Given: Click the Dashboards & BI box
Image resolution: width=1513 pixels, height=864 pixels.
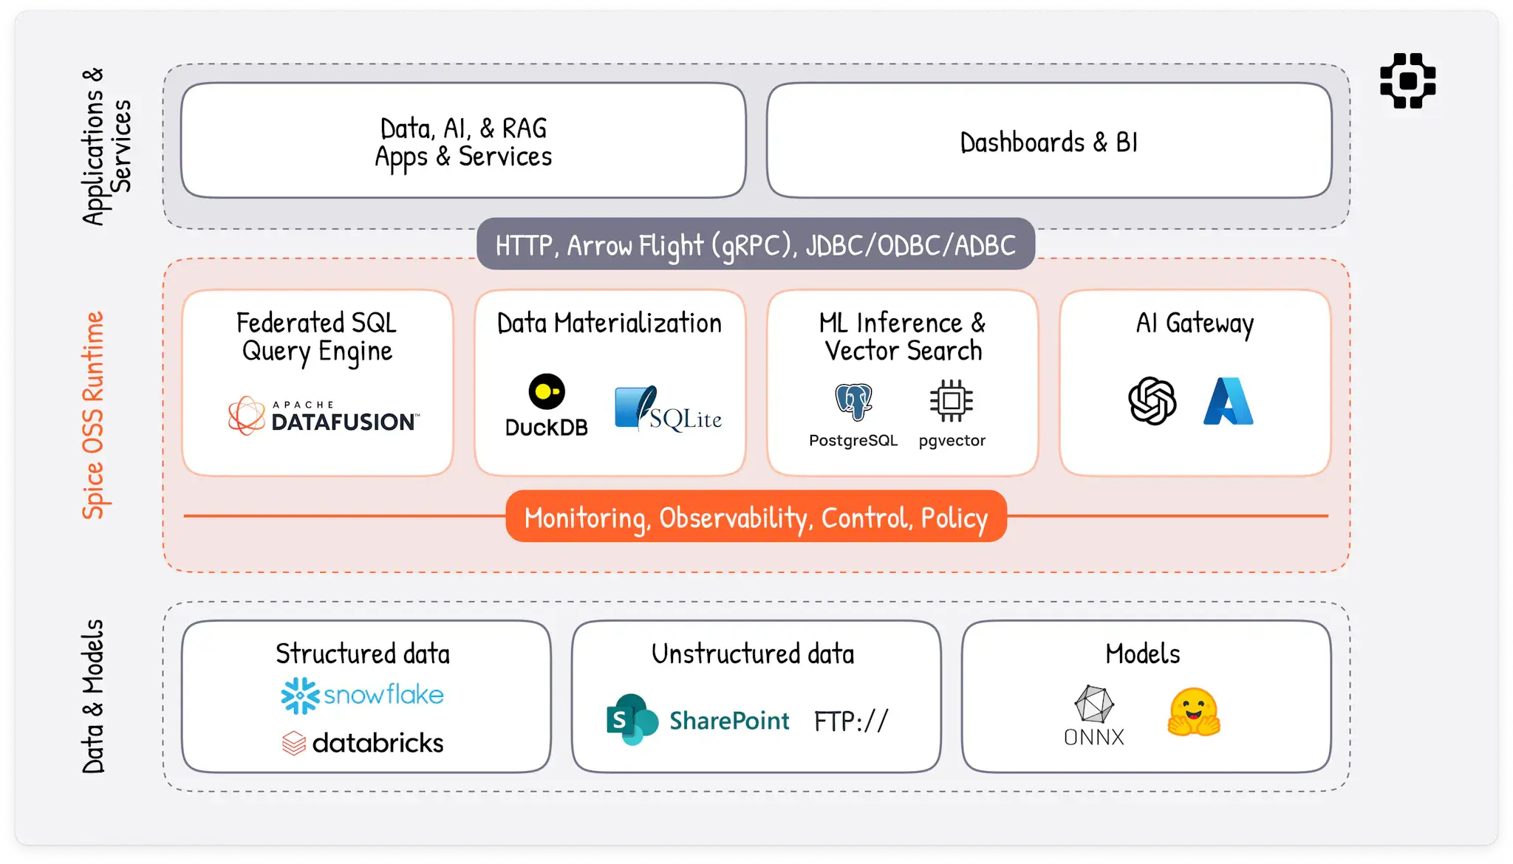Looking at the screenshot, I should coord(1049,141).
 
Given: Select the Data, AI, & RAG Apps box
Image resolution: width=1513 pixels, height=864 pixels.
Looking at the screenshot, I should coord(463,141).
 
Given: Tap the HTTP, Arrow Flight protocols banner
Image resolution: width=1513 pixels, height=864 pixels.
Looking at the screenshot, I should coord(756,244).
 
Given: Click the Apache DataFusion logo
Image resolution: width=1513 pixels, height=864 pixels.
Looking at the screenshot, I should coord(324,416).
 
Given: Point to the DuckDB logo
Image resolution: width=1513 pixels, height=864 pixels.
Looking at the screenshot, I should coord(547,405).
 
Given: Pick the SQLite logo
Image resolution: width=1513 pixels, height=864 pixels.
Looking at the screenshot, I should coord(668,408).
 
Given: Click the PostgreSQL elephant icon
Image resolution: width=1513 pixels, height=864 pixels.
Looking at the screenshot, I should coord(853,402).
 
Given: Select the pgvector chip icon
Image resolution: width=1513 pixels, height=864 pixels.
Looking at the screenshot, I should coord(952,401).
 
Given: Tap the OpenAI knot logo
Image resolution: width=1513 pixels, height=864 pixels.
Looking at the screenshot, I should coord(1152,401).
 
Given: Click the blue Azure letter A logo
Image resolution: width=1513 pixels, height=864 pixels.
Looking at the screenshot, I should coord(1228,401).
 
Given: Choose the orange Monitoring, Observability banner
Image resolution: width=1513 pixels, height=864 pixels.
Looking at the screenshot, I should coord(756,517).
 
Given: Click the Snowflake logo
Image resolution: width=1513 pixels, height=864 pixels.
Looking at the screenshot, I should coord(362,695).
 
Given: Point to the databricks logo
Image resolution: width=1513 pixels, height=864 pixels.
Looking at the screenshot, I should coord(363,742).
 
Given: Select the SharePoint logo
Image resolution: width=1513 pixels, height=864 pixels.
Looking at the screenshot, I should coord(697,719).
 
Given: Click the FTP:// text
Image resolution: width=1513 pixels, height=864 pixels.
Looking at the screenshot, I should coord(851,721).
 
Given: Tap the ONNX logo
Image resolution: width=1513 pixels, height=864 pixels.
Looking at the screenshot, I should coord(1094,715).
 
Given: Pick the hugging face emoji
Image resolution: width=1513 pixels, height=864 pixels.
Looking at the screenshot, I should coord(1194,712).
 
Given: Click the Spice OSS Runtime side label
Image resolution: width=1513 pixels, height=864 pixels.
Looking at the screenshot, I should coord(93,415).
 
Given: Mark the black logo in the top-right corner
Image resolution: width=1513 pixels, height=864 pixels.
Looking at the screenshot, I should coord(1407,80).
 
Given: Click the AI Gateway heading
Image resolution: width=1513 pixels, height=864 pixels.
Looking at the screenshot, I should coord(1195,323).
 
